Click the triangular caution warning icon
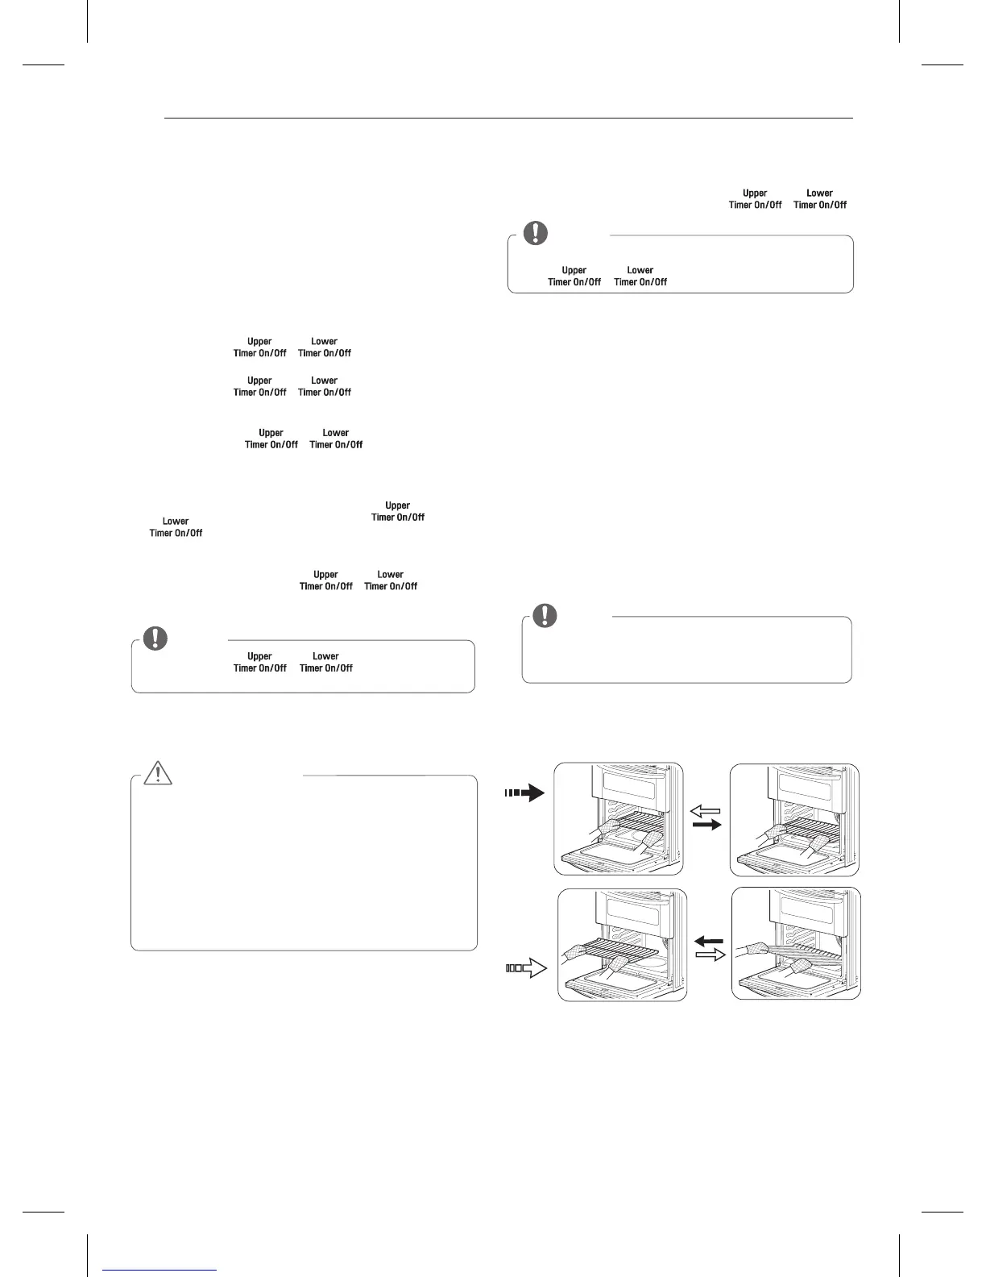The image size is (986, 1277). click(x=159, y=772)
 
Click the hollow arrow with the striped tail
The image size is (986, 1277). click(x=526, y=968)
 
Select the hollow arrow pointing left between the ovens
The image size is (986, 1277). click(x=706, y=811)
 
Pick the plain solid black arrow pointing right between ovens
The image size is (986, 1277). click(x=706, y=826)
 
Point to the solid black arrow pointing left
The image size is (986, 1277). click(x=710, y=940)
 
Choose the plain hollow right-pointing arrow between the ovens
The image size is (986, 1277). click(x=710, y=955)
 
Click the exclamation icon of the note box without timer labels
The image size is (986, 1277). click(x=545, y=616)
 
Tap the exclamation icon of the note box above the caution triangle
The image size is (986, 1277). click(x=155, y=638)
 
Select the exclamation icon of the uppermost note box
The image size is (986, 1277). click(x=535, y=233)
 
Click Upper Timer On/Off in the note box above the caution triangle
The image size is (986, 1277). click(x=259, y=662)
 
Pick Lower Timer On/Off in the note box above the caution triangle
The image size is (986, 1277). click(x=325, y=662)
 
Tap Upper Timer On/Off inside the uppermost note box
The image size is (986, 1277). click(x=574, y=276)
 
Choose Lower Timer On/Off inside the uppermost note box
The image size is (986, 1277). click(x=640, y=276)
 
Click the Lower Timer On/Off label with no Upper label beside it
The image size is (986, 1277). click(x=176, y=527)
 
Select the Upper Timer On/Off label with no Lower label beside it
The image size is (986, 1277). click(x=398, y=511)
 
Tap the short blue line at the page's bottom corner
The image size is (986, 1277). click(x=160, y=1271)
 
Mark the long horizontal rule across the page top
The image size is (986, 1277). click(x=507, y=119)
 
